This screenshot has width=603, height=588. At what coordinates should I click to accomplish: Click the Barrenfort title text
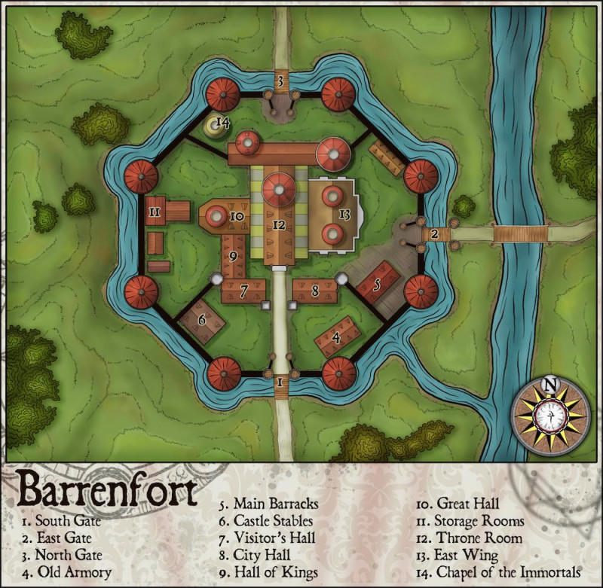click(106, 490)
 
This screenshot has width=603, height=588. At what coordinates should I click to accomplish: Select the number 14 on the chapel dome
click(222, 121)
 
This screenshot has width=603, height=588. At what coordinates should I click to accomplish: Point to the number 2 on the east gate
click(435, 234)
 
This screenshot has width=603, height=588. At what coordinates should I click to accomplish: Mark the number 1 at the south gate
click(280, 383)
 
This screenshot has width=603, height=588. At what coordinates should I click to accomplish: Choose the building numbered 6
click(202, 320)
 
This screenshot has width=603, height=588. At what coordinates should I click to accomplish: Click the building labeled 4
click(337, 340)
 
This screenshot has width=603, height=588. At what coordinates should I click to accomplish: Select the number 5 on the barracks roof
click(377, 285)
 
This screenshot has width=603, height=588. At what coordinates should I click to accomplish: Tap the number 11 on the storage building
click(155, 212)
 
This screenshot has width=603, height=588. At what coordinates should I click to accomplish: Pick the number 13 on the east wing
click(344, 215)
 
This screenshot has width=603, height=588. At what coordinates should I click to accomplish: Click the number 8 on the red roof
click(314, 289)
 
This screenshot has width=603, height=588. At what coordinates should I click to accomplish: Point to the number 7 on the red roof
click(243, 290)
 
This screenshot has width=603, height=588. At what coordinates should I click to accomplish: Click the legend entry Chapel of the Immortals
click(499, 573)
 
